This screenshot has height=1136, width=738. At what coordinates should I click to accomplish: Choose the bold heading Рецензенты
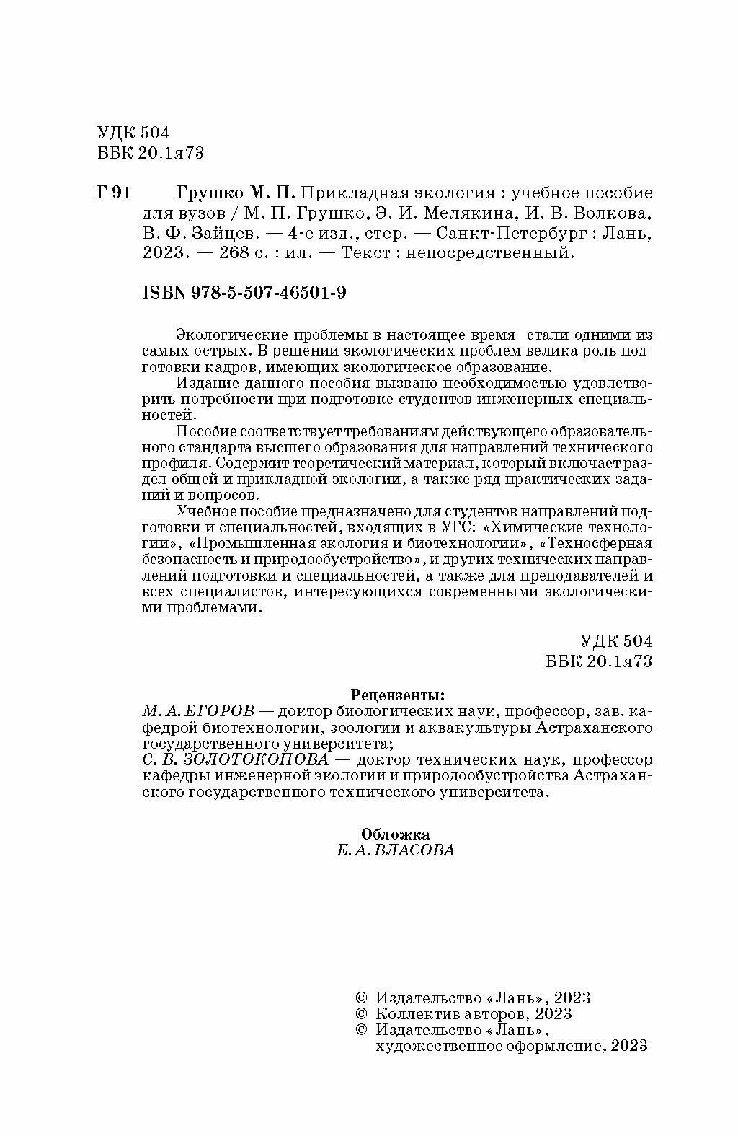coord(397,695)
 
